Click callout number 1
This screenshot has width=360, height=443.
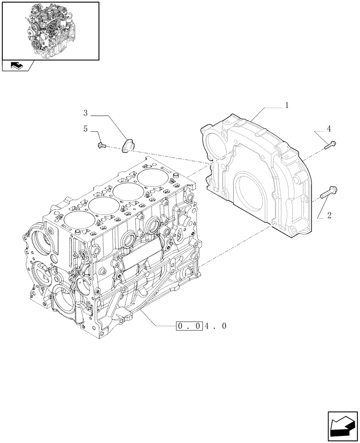tap(287, 105)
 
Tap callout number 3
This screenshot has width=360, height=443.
tap(85, 114)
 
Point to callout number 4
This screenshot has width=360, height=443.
tap(329, 129)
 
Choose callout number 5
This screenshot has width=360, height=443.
tap(85, 129)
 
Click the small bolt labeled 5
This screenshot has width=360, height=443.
tap(101, 144)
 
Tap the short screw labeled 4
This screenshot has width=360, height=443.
tap(330, 144)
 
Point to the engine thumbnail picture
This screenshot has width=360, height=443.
tap(50, 30)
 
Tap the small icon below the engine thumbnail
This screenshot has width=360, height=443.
tap(17, 66)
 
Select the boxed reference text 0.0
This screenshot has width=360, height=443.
tap(190, 326)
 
